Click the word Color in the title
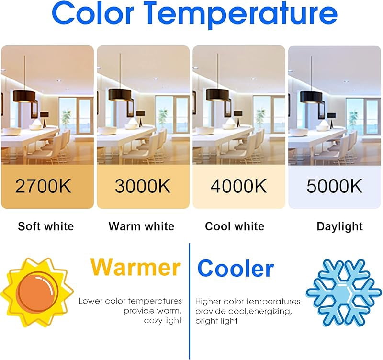[x=93, y=13]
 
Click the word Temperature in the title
[x=242, y=15]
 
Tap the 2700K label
[x=43, y=186]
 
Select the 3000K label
[x=143, y=186]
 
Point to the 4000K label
[x=238, y=186]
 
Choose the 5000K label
[x=334, y=186]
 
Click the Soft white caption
[x=45, y=226]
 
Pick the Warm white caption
[x=141, y=226]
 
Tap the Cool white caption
[x=235, y=226]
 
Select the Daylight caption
[x=339, y=227]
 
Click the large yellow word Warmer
[x=135, y=267]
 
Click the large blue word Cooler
[x=236, y=268]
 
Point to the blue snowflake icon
[x=344, y=292]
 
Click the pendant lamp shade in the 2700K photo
[x=24, y=95]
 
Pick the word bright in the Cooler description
[x=204, y=321]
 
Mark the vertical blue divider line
[x=190, y=302]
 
